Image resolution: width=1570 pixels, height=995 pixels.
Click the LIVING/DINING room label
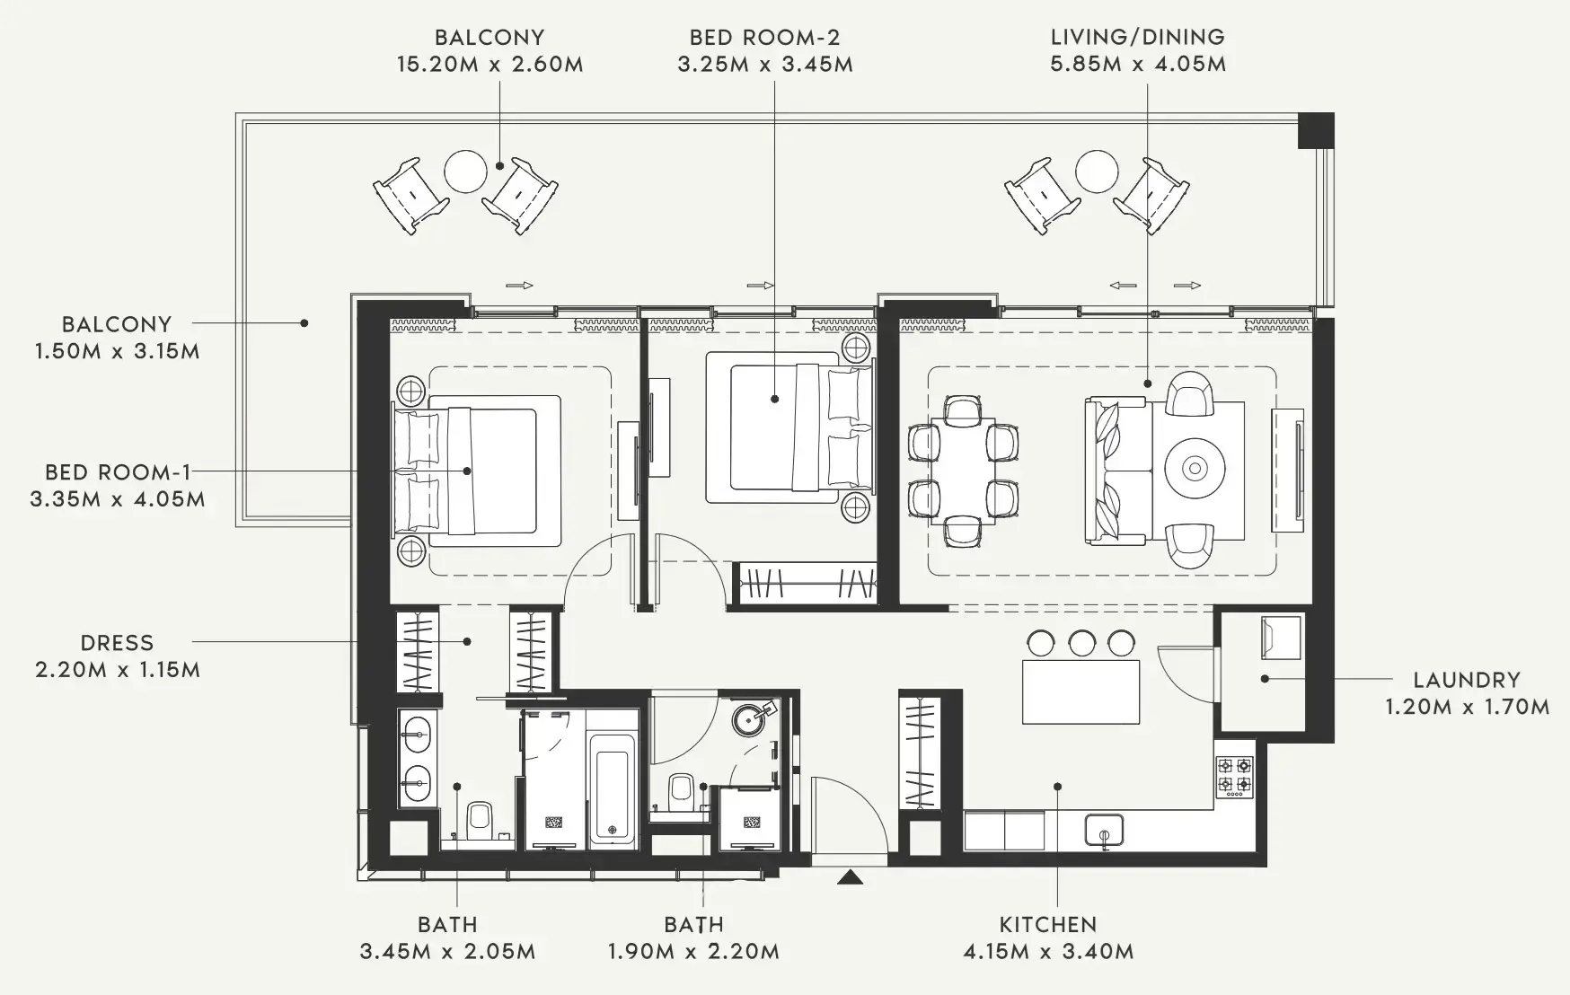pos(1137,37)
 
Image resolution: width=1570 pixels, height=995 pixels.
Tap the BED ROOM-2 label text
pos(764,37)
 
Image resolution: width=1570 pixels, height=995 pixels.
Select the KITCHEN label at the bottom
pos(1047,924)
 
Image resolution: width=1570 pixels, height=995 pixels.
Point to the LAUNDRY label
pos(1467,680)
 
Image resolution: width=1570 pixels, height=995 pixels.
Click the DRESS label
pos(117,643)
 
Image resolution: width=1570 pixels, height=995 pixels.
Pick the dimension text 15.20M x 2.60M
pos(490,65)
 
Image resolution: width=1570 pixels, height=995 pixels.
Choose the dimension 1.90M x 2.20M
pos(693,951)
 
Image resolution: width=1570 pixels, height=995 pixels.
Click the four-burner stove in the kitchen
pos(1235,777)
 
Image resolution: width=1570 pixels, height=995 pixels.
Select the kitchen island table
pos(1081,691)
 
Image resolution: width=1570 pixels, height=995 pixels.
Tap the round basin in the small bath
pos(750,718)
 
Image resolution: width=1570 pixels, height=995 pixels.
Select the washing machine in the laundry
pos(1281,637)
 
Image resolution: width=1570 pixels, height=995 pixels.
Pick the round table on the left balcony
pos(466,171)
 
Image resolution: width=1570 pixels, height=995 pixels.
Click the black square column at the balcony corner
pos(1316,130)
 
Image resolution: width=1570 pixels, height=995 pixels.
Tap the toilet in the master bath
pos(479,819)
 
